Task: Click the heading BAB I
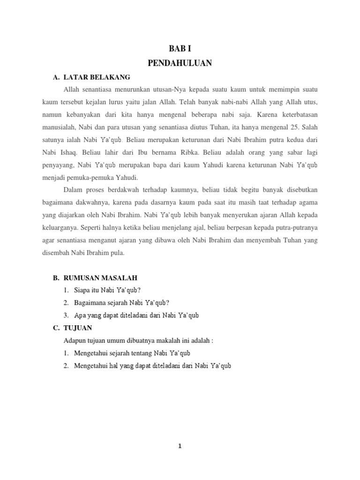[x=180, y=48]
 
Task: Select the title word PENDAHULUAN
[x=180, y=63]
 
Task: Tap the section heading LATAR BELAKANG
[x=97, y=77]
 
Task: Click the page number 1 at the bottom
[x=180, y=446]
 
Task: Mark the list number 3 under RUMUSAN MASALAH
[x=67, y=315]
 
